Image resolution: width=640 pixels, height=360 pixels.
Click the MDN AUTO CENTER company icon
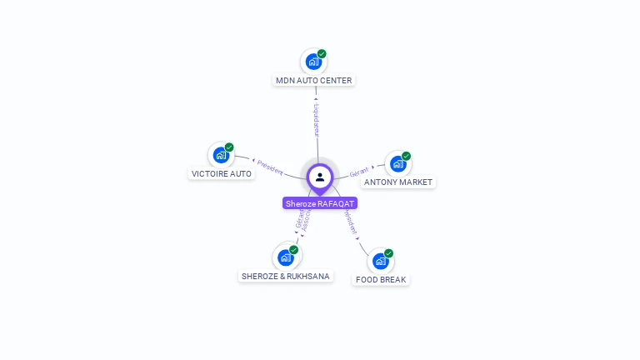tap(313, 61)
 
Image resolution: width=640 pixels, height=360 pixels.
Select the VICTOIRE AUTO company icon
tap(221, 155)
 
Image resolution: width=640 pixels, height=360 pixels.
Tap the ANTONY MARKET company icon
tap(397, 163)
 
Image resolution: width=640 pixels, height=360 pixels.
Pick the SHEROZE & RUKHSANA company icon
tap(285, 257)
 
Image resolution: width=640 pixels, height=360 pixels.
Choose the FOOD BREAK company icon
tap(380, 261)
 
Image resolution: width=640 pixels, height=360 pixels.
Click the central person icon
tap(320, 177)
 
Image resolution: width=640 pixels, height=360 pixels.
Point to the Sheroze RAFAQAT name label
tap(320, 203)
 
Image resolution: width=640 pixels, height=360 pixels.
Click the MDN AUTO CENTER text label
tap(314, 81)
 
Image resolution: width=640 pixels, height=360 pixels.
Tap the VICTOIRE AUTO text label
tap(222, 174)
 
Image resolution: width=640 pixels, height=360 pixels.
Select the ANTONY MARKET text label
tap(398, 182)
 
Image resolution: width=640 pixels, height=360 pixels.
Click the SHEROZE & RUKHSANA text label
tap(285, 277)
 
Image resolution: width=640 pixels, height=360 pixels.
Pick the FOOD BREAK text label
tap(381, 280)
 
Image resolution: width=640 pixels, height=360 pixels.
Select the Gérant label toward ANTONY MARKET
tap(359, 172)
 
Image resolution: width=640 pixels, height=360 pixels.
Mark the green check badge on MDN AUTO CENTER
tap(322, 54)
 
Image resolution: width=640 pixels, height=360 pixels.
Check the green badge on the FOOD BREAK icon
tap(388, 253)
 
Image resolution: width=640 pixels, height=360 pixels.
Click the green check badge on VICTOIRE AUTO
tap(229, 147)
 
